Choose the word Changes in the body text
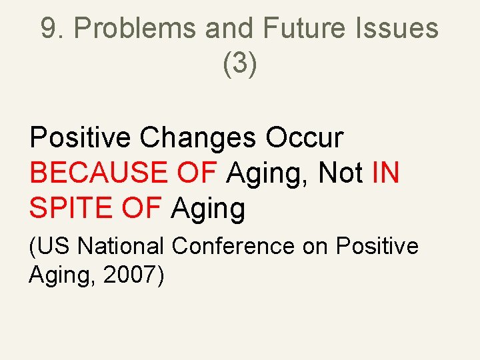198,137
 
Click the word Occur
305,137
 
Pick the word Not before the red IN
340,173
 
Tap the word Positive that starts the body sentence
81,137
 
